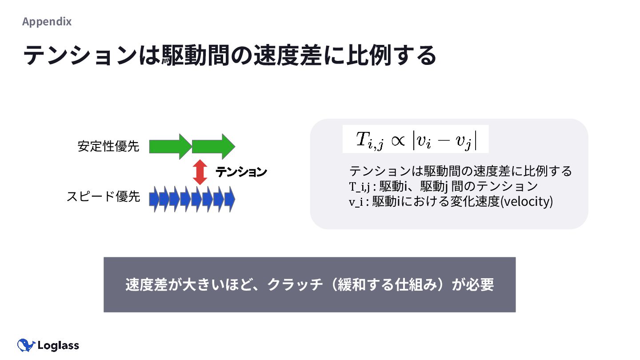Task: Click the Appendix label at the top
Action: [47, 21]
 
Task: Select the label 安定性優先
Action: [108, 146]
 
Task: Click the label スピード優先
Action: [103, 196]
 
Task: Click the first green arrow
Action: [170, 146]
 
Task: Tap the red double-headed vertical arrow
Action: [200, 172]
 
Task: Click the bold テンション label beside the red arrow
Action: [241, 172]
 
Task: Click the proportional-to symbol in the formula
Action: [398, 140]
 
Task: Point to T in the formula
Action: [362, 139]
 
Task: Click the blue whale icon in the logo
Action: [26, 345]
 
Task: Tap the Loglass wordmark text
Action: [58, 345]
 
